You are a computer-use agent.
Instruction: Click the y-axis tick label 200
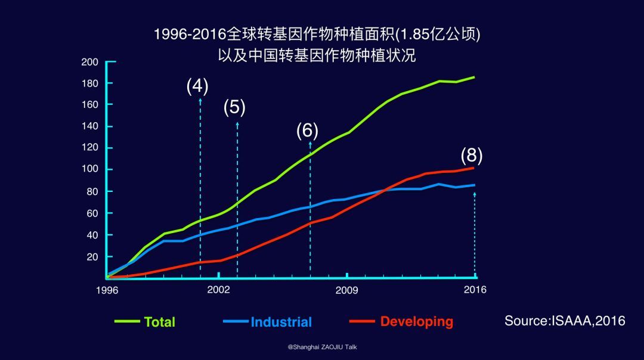(89, 61)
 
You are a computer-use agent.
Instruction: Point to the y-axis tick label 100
(89, 169)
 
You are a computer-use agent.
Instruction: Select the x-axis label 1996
(107, 290)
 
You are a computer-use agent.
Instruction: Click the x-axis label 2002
(219, 290)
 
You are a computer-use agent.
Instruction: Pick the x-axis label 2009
(346, 290)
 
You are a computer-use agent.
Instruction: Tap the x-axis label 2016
(475, 290)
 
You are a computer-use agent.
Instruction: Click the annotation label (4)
(197, 86)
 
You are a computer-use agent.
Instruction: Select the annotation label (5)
(234, 107)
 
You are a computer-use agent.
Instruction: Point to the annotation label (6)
(307, 131)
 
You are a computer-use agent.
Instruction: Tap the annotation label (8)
(471, 156)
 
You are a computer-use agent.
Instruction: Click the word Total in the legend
(159, 322)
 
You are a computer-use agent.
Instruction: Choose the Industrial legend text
(281, 322)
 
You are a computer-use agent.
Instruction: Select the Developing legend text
(416, 322)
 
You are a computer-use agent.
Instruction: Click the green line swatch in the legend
(127, 322)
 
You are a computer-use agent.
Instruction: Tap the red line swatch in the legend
(362, 322)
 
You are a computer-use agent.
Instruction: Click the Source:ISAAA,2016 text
(565, 321)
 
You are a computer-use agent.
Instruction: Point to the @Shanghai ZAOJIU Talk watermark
(322, 347)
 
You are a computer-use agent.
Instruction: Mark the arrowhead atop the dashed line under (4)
(200, 100)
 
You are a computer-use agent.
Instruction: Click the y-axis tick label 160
(89, 104)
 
